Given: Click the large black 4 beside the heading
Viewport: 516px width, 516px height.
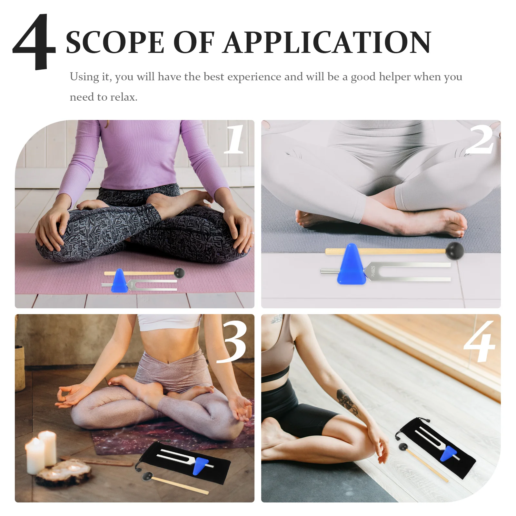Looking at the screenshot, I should [34, 42].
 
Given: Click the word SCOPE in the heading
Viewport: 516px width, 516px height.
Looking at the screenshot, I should [115, 43].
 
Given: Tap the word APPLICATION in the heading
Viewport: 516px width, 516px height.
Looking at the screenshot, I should [327, 43].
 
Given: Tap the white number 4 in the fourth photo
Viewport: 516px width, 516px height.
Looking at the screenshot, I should [480, 342].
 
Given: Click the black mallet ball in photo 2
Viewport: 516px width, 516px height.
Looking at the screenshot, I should [455, 250].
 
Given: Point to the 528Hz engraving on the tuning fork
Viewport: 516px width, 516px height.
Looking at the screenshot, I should [373, 272].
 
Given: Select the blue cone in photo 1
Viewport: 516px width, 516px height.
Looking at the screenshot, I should [119, 281].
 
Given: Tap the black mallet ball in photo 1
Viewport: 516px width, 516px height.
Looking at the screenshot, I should [179, 273].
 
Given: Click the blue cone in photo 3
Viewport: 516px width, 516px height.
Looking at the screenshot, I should [200, 466].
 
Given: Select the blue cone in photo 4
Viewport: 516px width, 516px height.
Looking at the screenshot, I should [449, 453].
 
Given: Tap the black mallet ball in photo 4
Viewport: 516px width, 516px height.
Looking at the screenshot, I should [403, 447].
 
